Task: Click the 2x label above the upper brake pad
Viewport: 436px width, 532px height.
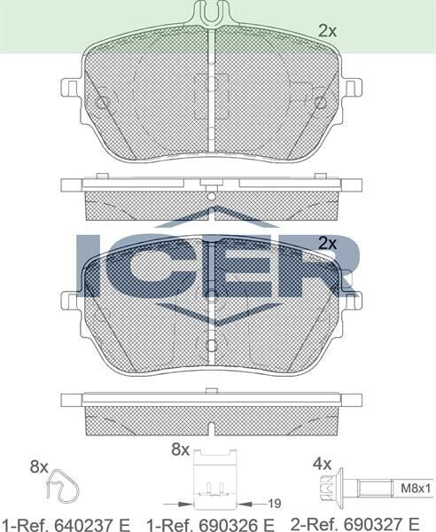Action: coord(328,30)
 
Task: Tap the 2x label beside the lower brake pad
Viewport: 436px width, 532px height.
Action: coord(328,242)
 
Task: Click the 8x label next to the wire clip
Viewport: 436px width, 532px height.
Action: coord(38,465)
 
